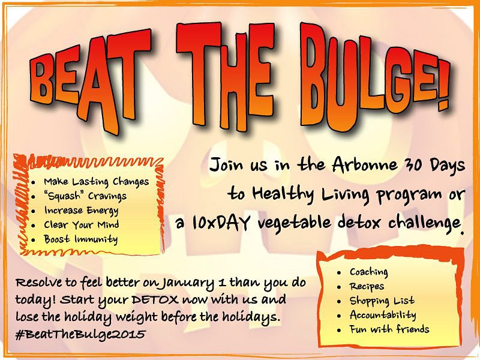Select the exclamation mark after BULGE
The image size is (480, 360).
coord(442,85)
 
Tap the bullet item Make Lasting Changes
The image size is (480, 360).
coord(97,182)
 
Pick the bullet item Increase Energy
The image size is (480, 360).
coord(81,211)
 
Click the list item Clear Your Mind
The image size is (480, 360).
coord(82,224)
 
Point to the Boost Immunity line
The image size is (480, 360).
coord(81,239)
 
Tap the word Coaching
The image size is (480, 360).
coord(369,272)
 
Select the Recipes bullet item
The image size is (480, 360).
coord(367,287)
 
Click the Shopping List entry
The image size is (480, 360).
coord(382,301)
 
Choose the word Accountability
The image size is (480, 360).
coord(383,316)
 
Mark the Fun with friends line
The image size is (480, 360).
coord(389,329)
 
